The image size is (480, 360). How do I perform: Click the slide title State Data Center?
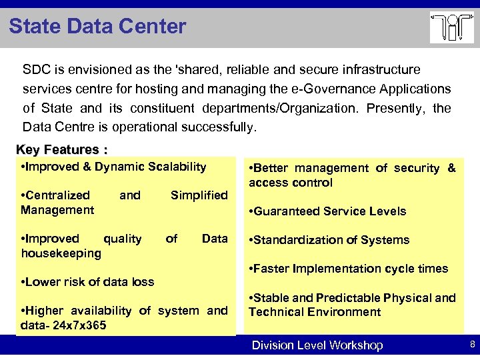coord(97,27)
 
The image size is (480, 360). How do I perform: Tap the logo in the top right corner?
coord(451,27)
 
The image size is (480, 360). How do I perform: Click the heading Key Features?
coord(62,149)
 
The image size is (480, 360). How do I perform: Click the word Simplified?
coord(199,195)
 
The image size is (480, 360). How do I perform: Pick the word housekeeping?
coord(61,253)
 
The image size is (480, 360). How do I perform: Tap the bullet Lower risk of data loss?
coord(88,282)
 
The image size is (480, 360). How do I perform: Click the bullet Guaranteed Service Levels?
coord(327,211)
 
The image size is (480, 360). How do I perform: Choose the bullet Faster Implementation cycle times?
coord(348,269)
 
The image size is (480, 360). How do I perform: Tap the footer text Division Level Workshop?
coord(317,345)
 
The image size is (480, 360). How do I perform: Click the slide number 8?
coord(472,345)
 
